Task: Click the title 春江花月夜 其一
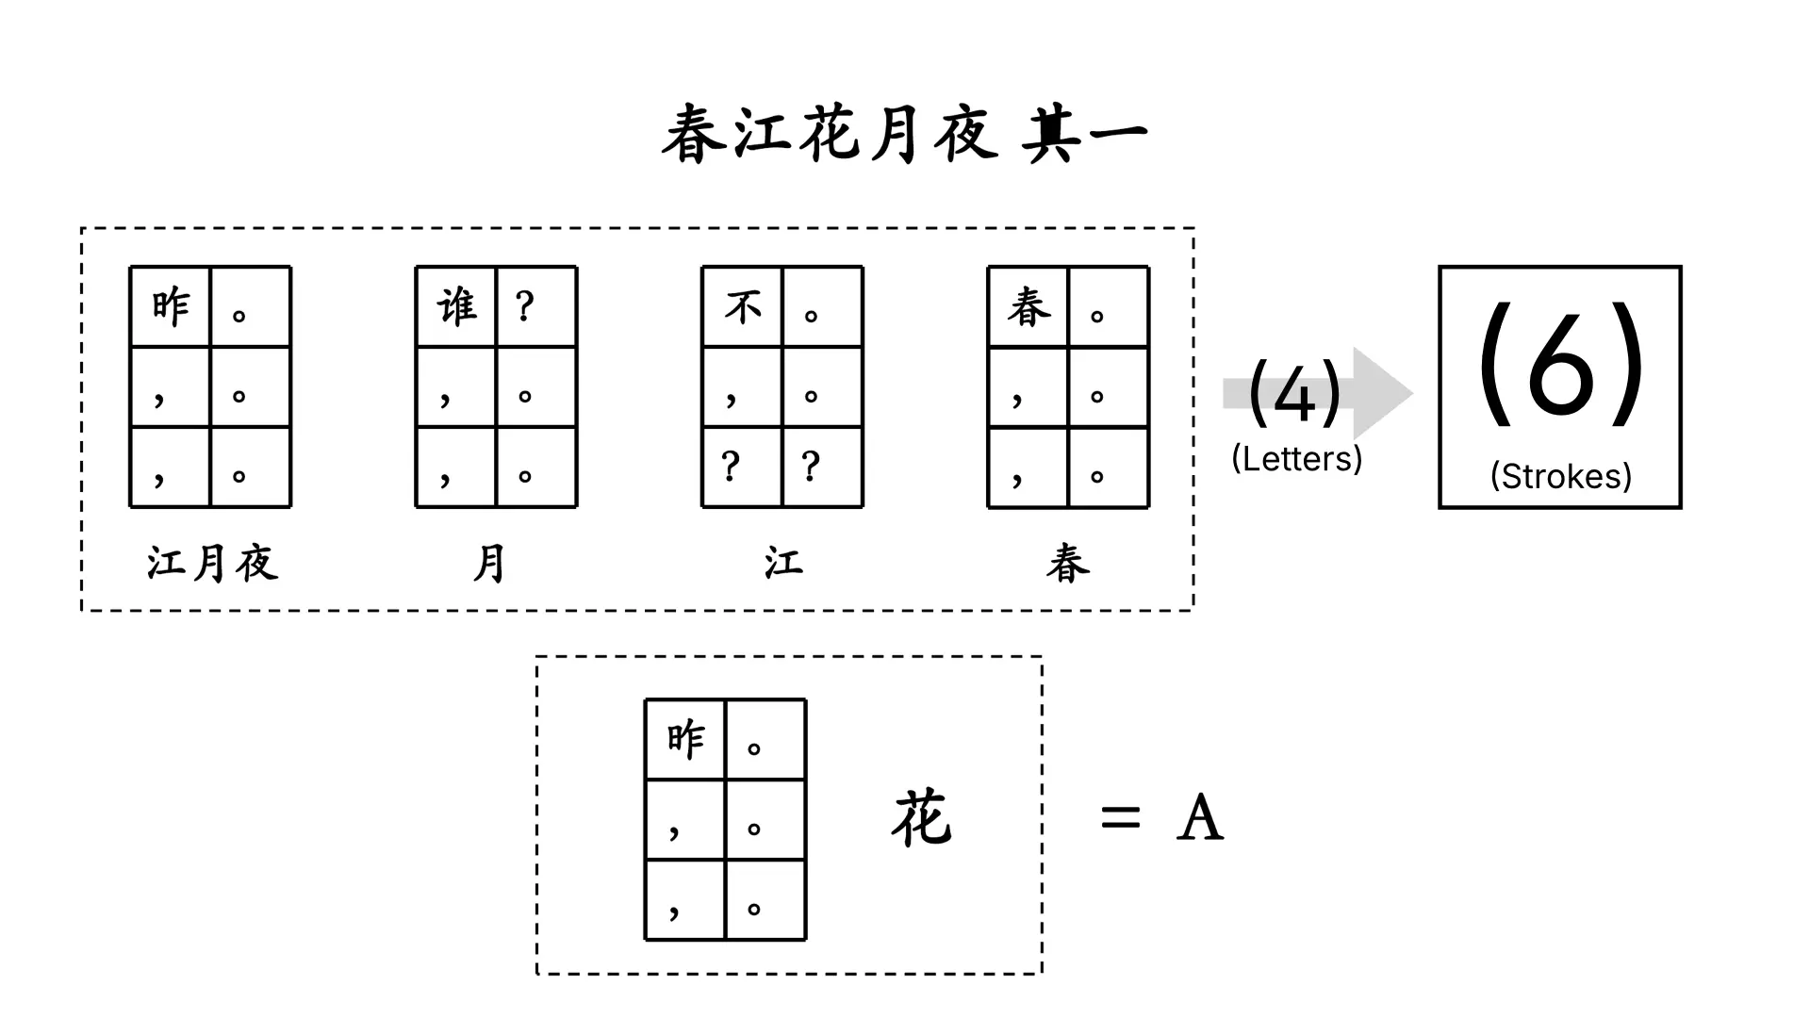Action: tap(904, 135)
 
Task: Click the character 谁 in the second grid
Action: tap(457, 307)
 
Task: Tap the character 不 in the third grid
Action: tap(743, 307)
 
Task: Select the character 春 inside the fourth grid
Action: tap(1028, 307)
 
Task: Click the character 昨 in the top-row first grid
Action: tap(171, 307)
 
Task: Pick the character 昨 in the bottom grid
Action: tap(685, 740)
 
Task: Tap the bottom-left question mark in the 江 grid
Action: tap(731, 466)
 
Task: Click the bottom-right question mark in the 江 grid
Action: tap(811, 466)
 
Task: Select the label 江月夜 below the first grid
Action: tap(212, 564)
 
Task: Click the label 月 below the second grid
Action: tap(489, 564)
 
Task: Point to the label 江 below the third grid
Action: tap(783, 564)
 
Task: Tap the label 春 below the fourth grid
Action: tap(1068, 564)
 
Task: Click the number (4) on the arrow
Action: tap(1294, 394)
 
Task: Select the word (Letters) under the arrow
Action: tap(1296, 459)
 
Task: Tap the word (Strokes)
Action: tap(1560, 476)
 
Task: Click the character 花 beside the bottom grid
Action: tap(921, 818)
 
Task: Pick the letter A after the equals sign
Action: tap(1200, 817)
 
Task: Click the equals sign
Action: tap(1120, 817)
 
